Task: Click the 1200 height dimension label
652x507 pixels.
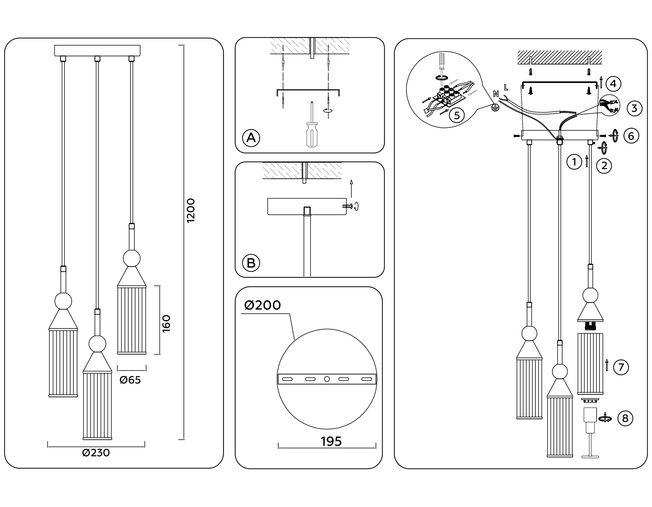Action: pos(191,210)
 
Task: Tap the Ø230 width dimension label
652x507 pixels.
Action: pos(96,453)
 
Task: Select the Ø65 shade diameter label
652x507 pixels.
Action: pos(130,380)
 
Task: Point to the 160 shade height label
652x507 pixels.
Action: pos(166,323)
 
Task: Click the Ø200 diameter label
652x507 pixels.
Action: pos(263,305)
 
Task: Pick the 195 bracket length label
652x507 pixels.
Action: pos(331,441)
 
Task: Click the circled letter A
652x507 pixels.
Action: pos(251,138)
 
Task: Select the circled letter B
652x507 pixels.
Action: pos(251,263)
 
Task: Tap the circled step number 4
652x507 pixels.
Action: pos(613,84)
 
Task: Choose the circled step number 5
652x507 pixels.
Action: pos(457,115)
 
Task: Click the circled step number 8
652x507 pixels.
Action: pos(625,419)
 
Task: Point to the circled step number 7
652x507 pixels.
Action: pos(621,367)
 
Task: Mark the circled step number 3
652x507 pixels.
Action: pos(634,108)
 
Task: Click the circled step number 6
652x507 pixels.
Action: pos(631,136)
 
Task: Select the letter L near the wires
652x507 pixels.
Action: pos(506,87)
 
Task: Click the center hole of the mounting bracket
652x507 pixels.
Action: pos(327,379)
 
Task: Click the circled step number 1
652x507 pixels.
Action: pos(574,162)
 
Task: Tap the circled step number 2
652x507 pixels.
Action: pos(604,165)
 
